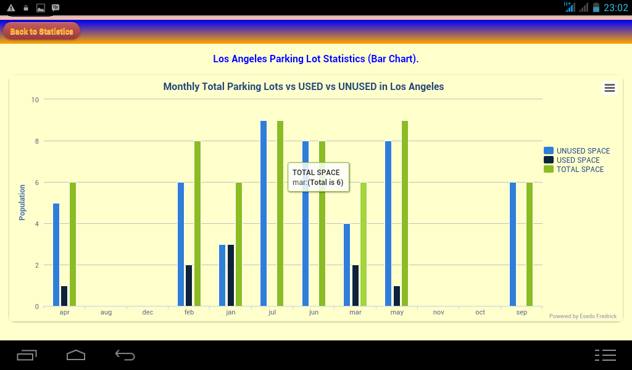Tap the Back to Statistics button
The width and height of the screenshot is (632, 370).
pyautogui.click(x=41, y=31)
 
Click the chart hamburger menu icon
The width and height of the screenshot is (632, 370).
pyautogui.click(x=610, y=88)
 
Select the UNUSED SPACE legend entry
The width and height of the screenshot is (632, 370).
pyautogui.click(x=576, y=150)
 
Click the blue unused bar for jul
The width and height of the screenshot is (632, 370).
pyautogui.click(x=264, y=213)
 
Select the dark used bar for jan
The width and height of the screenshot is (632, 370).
pyautogui.click(x=231, y=275)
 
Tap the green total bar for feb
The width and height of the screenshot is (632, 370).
pyautogui.click(x=197, y=223)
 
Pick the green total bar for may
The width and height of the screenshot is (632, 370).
pyautogui.click(x=405, y=213)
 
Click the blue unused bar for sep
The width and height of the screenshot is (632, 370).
pyautogui.click(x=513, y=244)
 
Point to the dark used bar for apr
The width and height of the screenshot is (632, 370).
pyautogui.click(x=64, y=296)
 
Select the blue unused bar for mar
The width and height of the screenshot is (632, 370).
pyautogui.click(x=347, y=265)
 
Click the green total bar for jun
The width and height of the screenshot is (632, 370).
pyautogui.click(x=322, y=223)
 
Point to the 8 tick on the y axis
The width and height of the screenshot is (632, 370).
pyautogui.click(x=36, y=141)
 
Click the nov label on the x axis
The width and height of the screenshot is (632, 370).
pyautogui.click(x=439, y=313)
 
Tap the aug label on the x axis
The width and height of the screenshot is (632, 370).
pyautogui.click(x=106, y=313)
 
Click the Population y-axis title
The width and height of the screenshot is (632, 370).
pyautogui.click(x=22, y=202)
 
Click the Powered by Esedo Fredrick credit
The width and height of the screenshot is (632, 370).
pyautogui.click(x=583, y=316)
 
